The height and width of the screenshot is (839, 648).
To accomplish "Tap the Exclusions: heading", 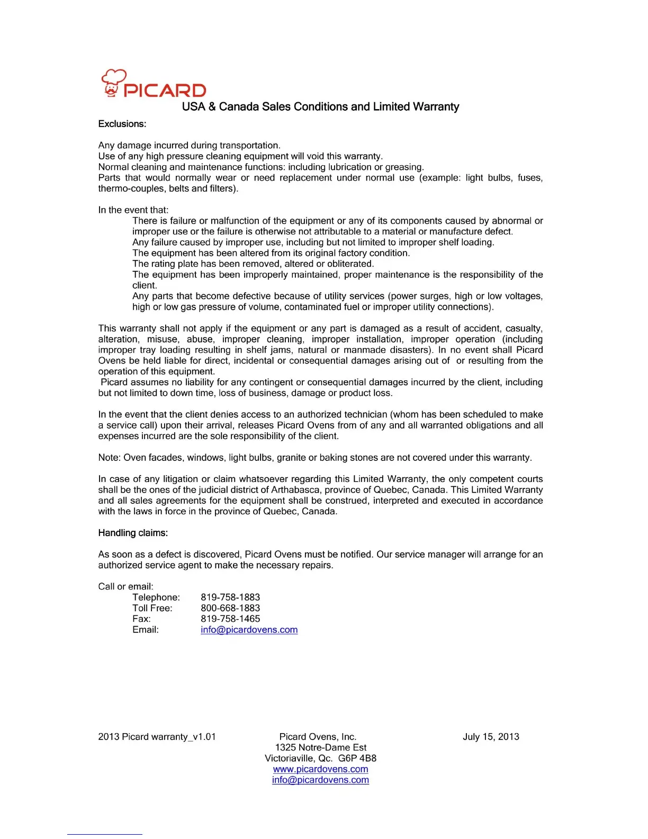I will [122, 124].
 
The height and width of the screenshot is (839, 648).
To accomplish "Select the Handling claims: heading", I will [133, 533].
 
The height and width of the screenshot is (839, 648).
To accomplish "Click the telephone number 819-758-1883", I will [230, 597].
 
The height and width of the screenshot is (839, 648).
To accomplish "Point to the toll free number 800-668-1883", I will [230, 608].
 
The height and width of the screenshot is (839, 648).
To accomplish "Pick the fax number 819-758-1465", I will [230, 619].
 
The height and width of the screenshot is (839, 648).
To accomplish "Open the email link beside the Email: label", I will [249, 630].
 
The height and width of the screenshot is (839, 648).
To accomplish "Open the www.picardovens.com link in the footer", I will [320, 769].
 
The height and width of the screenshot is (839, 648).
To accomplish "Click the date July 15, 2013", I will [491, 737].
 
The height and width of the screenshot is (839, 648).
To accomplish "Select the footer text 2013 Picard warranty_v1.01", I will [157, 737].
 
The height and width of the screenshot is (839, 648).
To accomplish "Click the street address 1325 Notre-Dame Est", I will [320, 747].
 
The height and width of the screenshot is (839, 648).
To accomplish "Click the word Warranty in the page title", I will [436, 107].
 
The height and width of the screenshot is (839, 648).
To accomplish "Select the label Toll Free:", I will [152, 608].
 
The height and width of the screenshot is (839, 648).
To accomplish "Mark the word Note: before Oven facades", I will [110, 458].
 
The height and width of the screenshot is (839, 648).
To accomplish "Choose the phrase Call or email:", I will [126, 587].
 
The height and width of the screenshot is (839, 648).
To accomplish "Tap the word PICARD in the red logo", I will [165, 91].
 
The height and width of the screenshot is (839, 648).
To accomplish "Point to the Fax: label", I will [141, 619].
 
